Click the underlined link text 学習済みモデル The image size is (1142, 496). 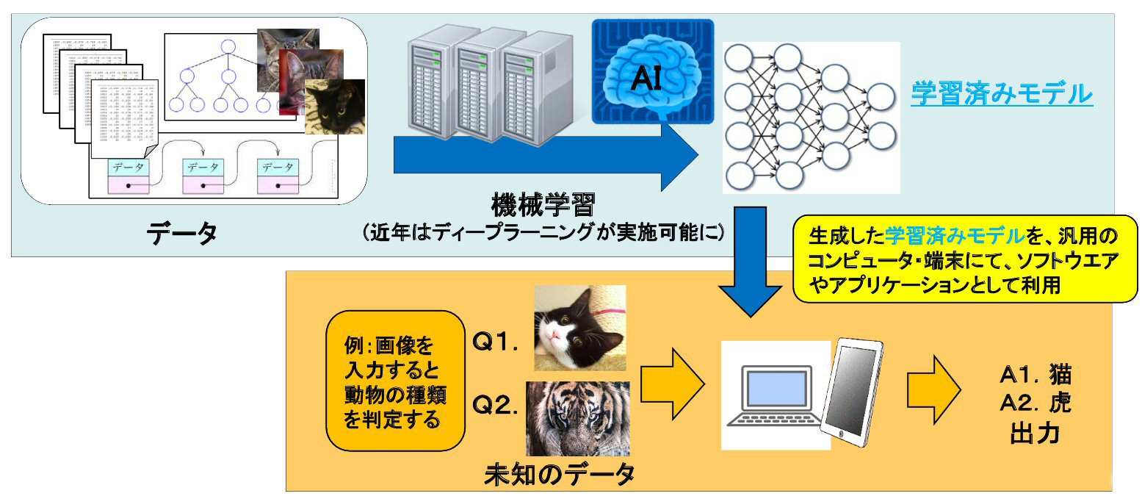click(1001, 95)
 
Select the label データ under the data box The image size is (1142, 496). click(181, 233)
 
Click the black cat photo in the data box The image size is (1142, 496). click(335, 107)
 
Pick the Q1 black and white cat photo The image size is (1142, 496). click(579, 328)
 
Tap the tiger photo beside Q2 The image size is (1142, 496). click(578, 418)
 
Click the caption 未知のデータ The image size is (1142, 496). click(559, 475)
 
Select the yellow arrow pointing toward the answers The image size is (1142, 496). click(933, 387)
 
